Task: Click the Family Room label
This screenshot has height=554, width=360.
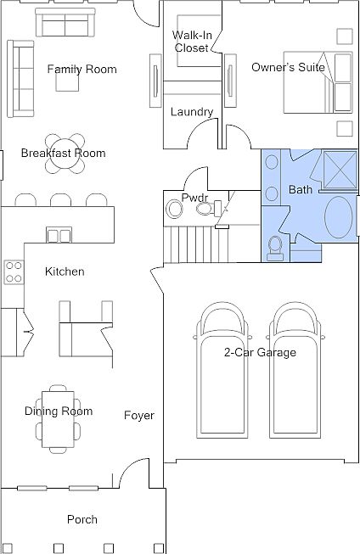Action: coord(82,69)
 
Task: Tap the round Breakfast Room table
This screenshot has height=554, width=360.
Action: coord(65,154)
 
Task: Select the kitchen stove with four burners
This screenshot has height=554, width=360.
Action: coord(14,271)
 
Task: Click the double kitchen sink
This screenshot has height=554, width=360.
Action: coord(59,235)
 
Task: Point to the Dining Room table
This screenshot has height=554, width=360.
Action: coord(59,419)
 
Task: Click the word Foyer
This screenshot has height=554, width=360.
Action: coord(139,416)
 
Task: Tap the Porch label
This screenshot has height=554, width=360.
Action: coord(82,519)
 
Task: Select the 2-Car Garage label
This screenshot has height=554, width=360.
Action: coord(261,352)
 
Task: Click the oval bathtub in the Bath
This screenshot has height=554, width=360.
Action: coord(339,217)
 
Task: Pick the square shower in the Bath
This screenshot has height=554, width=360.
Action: coord(340,171)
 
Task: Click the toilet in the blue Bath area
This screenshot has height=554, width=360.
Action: coord(275,249)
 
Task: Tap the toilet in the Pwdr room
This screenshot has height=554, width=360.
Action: coord(207,209)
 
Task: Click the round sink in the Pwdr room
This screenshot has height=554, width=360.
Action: coord(174,209)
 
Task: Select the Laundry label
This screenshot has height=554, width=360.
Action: coord(192,112)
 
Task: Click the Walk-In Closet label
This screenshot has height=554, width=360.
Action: coord(192,42)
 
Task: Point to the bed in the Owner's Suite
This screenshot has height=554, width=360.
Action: coord(318,82)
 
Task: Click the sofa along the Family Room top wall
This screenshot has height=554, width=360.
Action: coord(65,22)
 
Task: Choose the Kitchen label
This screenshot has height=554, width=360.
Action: coord(65,271)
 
